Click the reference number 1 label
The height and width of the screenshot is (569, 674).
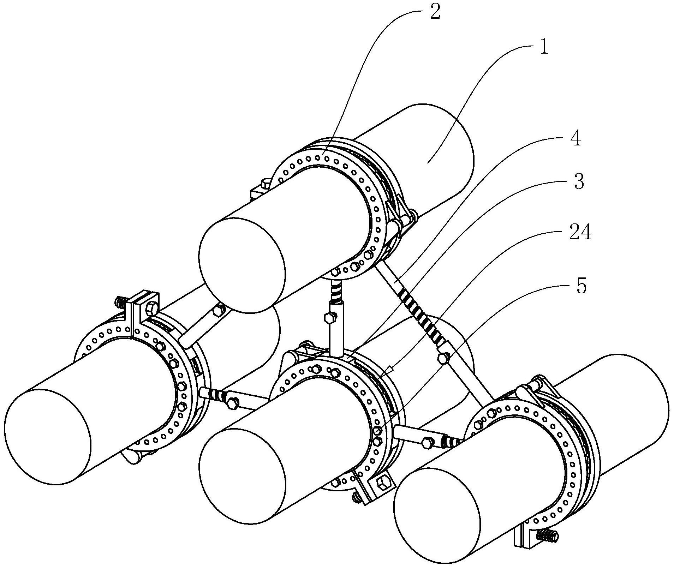544,46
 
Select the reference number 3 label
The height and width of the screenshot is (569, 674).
578,182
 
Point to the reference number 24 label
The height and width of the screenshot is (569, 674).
579,233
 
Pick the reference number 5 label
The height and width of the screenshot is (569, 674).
581,286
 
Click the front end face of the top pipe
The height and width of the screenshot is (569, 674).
242,265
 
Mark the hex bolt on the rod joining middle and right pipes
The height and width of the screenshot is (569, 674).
427,443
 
